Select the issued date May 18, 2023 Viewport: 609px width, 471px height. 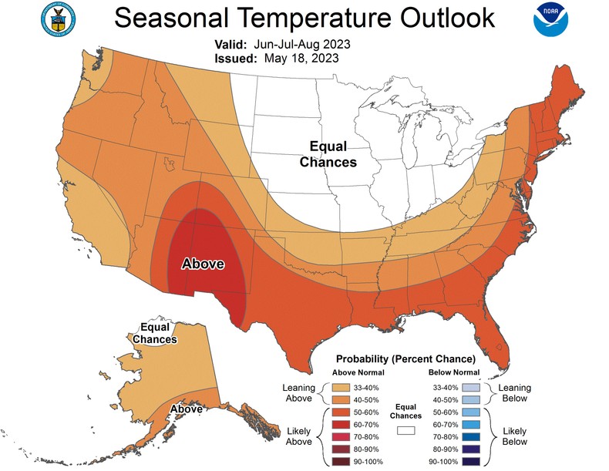[301, 58]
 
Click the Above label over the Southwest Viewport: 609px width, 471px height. [202, 264]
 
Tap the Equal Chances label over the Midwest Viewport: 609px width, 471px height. [328, 154]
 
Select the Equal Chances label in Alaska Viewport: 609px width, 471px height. [153, 333]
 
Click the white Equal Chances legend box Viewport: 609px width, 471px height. [406, 430]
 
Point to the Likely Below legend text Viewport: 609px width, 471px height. [513, 436]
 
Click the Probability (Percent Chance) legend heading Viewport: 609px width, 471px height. [404, 359]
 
